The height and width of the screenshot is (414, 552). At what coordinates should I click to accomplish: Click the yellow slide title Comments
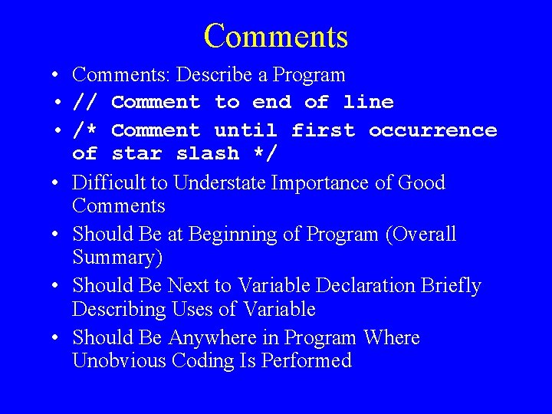pyautogui.click(x=276, y=36)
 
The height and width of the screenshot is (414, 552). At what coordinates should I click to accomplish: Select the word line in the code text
pyautogui.click(x=368, y=102)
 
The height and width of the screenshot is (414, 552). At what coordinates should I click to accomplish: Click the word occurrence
pyautogui.click(x=432, y=130)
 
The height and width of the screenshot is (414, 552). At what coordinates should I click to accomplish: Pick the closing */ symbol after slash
pyautogui.click(x=265, y=153)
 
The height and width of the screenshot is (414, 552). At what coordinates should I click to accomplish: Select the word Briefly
pyautogui.click(x=452, y=286)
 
